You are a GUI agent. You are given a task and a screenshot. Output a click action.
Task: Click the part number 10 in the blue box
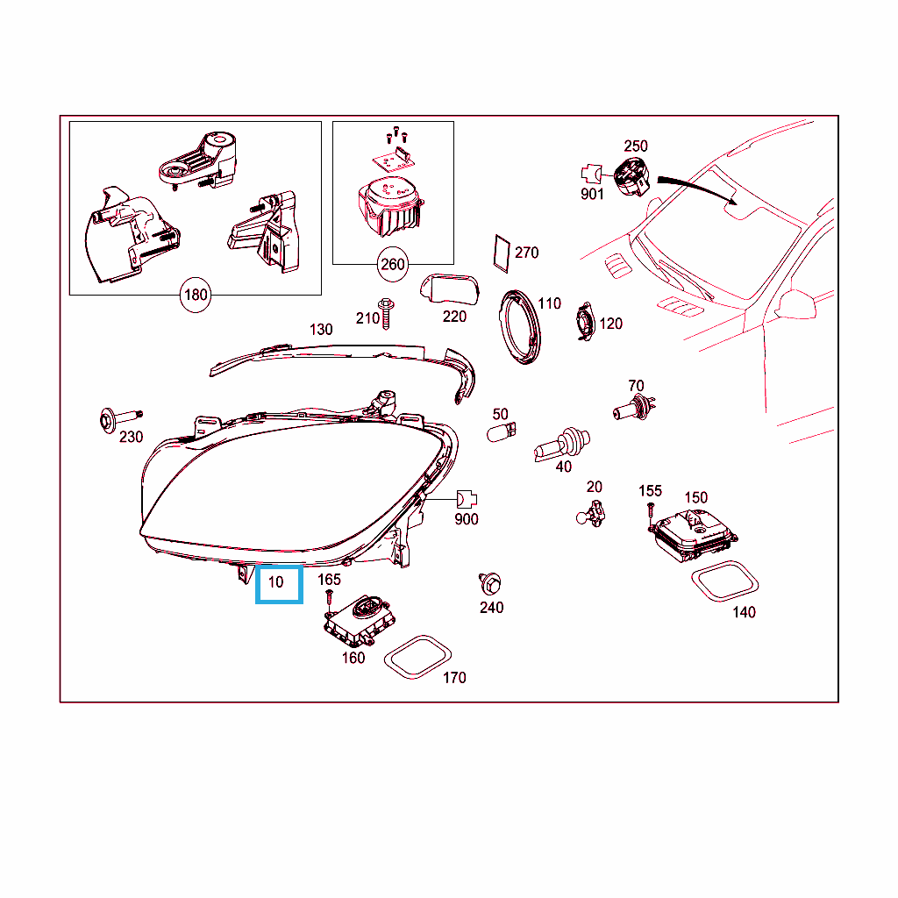(x=276, y=582)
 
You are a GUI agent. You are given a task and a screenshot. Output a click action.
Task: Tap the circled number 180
(x=196, y=295)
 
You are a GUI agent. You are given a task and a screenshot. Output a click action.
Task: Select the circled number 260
(x=393, y=265)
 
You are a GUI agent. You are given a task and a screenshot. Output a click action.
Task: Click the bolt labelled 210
(x=386, y=313)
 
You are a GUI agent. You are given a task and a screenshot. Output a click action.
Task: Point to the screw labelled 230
(x=119, y=419)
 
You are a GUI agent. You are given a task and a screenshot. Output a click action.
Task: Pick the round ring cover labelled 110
(x=520, y=327)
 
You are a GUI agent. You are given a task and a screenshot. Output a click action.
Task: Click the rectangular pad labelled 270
(x=502, y=253)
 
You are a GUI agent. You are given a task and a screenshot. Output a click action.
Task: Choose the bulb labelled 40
(x=562, y=444)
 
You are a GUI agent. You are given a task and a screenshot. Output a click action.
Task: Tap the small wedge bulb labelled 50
(x=501, y=431)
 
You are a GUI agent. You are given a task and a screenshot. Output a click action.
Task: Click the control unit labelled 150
(x=693, y=534)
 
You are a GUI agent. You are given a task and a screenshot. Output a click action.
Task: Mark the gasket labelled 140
(x=725, y=581)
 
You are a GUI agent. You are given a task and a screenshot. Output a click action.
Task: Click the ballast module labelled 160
(x=360, y=621)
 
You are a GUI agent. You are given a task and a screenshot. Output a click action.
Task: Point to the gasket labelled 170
(x=417, y=657)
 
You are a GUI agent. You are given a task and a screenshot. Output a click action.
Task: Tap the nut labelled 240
(x=490, y=583)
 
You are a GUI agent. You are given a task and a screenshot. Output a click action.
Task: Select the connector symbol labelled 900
(x=467, y=499)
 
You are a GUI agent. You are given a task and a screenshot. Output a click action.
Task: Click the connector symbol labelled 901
(x=592, y=174)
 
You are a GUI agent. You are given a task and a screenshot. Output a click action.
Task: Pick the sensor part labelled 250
(x=631, y=176)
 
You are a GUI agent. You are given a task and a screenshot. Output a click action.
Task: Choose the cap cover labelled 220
(x=450, y=290)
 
